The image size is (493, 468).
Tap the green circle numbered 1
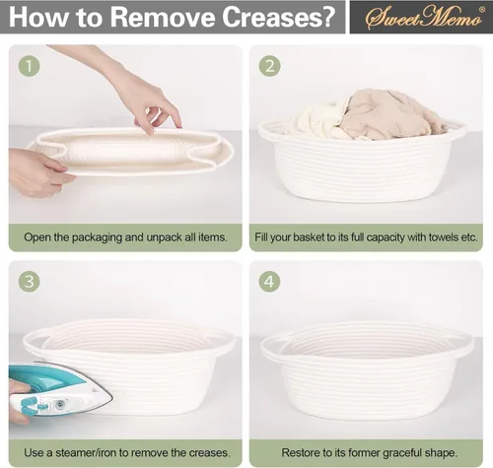pyautogui.click(x=29, y=66)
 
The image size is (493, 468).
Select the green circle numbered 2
pyautogui.click(x=269, y=66)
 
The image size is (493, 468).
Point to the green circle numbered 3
pyautogui.click(x=29, y=282)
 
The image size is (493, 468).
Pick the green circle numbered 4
pyautogui.click(x=269, y=282)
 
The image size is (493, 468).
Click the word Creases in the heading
pyautogui.click(x=278, y=17)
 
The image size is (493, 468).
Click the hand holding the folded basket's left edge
pyautogui.click(x=36, y=172)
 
